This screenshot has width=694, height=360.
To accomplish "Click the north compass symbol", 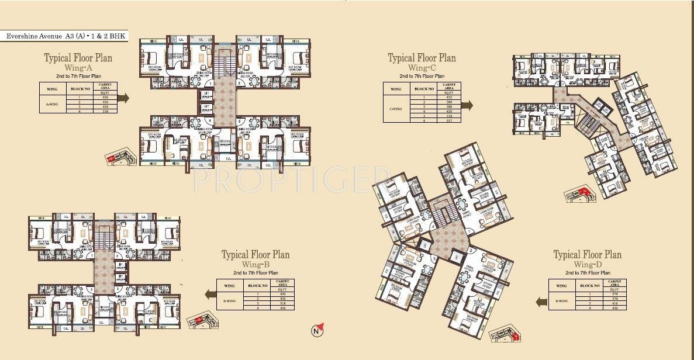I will click(x=316, y=330).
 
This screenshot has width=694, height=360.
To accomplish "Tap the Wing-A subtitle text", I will click(x=78, y=68).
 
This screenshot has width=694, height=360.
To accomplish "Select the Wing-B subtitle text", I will click(x=255, y=264).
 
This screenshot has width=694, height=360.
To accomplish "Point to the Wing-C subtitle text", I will click(x=422, y=68).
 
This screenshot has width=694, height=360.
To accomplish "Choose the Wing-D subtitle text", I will click(x=587, y=264).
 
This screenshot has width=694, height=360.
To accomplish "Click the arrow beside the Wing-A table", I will click(x=123, y=98).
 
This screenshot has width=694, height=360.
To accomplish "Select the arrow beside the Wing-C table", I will click(x=467, y=105).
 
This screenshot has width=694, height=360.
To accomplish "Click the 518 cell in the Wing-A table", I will click(x=106, y=110).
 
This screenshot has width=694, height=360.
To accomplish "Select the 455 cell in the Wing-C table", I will click(x=449, y=96).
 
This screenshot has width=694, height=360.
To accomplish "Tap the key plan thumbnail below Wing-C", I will click(x=578, y=195).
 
